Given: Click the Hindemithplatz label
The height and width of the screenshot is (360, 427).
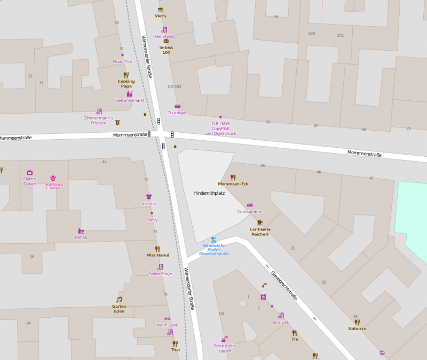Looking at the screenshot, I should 209,193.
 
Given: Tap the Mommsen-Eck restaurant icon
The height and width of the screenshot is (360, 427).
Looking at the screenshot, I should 233,177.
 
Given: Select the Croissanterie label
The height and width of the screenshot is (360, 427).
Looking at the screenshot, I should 249,212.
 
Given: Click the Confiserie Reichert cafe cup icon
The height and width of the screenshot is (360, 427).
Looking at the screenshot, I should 260,222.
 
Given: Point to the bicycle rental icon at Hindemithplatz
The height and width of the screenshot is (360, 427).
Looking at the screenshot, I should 213,240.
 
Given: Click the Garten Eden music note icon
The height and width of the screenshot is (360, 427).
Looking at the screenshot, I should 119,299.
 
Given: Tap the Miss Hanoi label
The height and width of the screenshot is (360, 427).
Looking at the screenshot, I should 157,255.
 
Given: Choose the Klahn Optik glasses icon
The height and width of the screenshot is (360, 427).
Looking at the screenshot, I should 167,318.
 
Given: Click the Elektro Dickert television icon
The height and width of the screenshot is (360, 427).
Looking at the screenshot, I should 30,172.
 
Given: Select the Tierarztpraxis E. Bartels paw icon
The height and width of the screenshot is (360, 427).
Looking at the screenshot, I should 53,178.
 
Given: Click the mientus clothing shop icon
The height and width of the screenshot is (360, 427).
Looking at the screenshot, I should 149,196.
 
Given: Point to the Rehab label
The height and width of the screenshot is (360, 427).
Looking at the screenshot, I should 81,237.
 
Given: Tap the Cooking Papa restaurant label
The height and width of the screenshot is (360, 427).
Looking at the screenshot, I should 126,84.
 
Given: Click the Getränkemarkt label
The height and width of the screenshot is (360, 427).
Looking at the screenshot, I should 130,100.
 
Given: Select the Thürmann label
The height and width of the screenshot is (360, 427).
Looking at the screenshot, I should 177,113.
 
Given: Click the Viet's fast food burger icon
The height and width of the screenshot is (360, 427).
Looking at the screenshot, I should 161,10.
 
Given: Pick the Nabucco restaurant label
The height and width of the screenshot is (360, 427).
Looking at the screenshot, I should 357,329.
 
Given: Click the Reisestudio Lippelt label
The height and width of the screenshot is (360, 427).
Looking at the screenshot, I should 225,348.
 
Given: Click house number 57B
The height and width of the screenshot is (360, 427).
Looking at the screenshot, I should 312,34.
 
